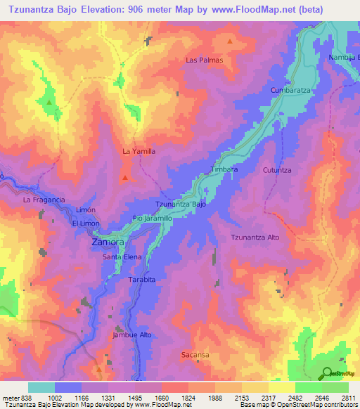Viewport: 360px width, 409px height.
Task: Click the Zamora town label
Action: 108,242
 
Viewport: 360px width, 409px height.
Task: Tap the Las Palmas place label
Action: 204,60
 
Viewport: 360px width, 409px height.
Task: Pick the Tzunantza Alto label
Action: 255,238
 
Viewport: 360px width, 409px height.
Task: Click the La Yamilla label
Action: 139,151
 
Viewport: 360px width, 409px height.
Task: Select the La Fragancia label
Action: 44,200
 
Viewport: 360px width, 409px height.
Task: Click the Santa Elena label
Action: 122,257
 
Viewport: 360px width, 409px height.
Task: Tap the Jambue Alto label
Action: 132,335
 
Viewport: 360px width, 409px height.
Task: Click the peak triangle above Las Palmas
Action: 229,41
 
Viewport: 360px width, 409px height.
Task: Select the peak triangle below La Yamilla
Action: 124,177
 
